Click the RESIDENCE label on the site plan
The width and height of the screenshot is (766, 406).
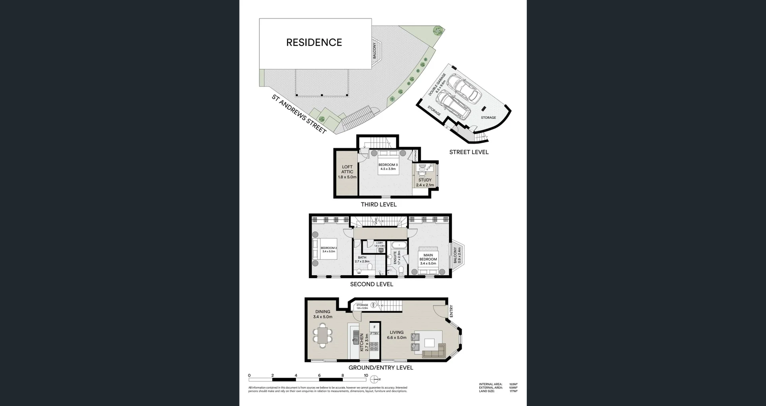click(x=314, y=43)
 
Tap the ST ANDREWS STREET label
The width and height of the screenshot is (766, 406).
click(x=299, y=114)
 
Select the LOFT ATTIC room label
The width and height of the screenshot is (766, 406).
click(x=347, y=172)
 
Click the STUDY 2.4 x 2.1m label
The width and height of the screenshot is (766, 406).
click(x=425, y=182)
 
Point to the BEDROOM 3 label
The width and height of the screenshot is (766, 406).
click(x=388, y=167)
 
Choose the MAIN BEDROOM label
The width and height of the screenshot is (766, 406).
click(x=428, y=259)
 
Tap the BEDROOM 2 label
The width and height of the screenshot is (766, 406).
click(x=329, y=249)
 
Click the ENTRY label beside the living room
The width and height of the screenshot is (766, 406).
click(x=451, y=311)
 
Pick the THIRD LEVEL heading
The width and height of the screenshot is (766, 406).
click(x=379, y=204)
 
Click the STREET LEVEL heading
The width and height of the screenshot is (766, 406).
click(x=469, y=152)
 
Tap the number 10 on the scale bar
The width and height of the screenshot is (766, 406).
click(x=366, y=375)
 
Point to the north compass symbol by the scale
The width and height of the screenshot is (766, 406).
click(x=374, y=379)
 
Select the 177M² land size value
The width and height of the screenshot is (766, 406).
click(x=513, y=391)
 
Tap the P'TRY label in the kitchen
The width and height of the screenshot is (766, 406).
click(x=374, y=333)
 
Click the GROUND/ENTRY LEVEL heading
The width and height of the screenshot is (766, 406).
click(x=381, y=368)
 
